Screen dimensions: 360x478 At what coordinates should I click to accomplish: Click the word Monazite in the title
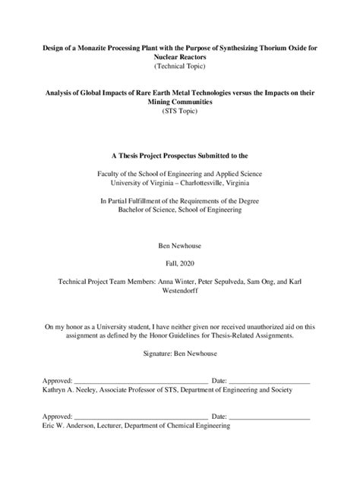point(96,48)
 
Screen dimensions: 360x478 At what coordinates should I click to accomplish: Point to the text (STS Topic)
point(179,112)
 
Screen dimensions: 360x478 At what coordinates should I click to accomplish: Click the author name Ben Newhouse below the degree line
point(179,247)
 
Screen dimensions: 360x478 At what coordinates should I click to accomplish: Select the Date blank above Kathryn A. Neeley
point(269,380)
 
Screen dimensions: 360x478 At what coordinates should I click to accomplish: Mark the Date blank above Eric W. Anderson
point(269,417)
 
